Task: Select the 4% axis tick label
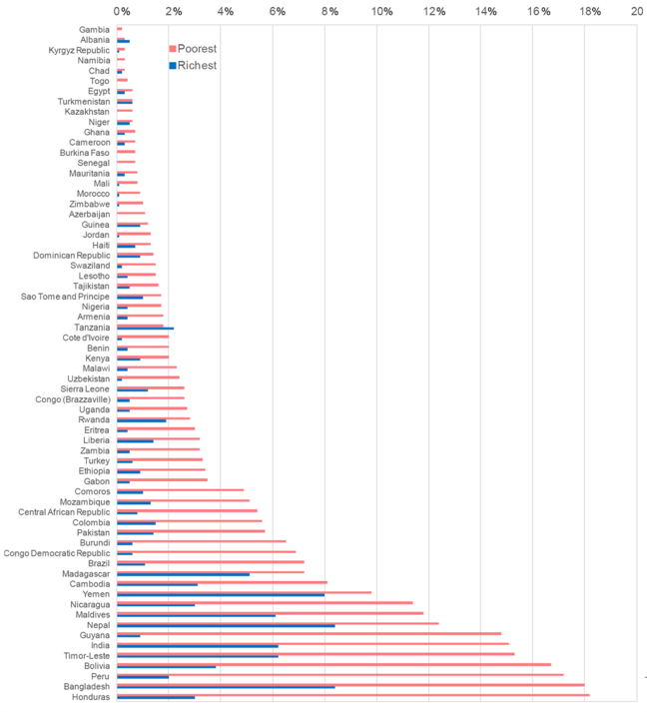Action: [226, 11]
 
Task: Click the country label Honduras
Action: [90, 697]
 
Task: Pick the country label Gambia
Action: [94, 29]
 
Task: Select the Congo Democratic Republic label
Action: [57, 553]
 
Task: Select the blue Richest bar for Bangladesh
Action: [226, 687]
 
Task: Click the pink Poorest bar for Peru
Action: [339, 674]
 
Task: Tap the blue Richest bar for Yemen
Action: [221, 595]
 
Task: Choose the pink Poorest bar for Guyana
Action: [309, 633]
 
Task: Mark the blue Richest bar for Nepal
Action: [226, 626]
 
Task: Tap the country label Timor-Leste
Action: [85, 656]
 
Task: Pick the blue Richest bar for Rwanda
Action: [141, 420]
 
